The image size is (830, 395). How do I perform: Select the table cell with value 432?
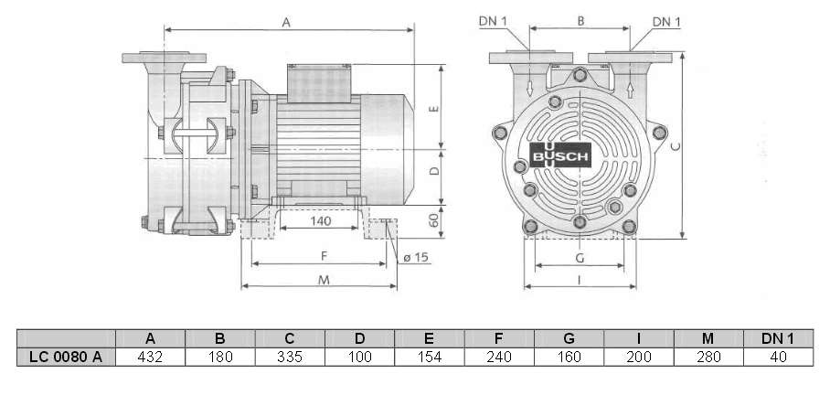[x=150, y=357]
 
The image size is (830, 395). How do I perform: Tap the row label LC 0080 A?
[x=66, y=357]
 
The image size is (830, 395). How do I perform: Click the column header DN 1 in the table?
[x=777, y=337]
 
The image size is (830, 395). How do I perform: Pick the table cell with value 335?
[x=290, y=357]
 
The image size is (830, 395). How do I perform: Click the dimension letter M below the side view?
[x=323, y=280]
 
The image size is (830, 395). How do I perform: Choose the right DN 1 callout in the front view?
[x=666, y=21]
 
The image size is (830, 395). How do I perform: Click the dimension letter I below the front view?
[x=581, y=281]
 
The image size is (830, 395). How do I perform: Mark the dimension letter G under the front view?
[x=580, y=259]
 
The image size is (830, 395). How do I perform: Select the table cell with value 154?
[x=429, y=357]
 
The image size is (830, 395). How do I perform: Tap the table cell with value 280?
[x=708, y=357]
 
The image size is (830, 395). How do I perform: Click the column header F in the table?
[x=498, y=337]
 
